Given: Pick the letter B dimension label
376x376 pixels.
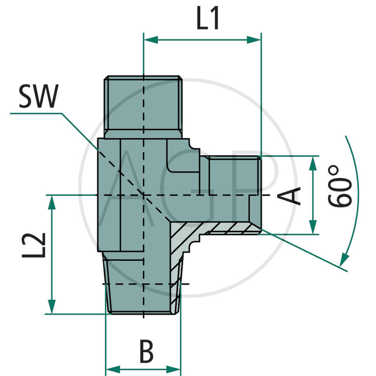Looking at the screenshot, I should [x=147, y=352].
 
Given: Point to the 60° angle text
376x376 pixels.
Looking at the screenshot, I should [x=341, y=192].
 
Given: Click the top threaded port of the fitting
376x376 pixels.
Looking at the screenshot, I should [x=142, y=106].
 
